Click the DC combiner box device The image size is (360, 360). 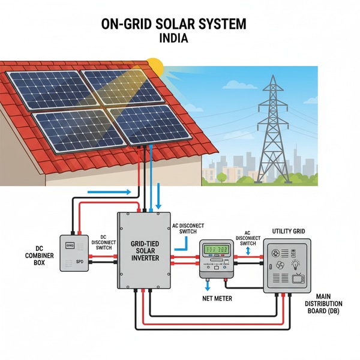point(73,253)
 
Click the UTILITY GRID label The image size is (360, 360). point(289,231)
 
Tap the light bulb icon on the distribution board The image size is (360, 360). point(296,265)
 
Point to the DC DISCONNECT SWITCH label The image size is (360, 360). point(103,242)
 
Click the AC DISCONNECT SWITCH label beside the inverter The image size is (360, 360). point(188,229)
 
